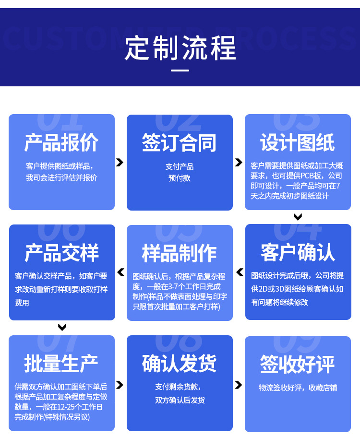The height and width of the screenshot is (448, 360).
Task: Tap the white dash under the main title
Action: pyautogui.click(x=180, y=71)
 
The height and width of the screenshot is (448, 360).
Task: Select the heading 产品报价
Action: pyautogui.click(x=61, y=142)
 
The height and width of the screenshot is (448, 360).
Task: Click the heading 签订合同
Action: pyautogui.click(x=180, y=143)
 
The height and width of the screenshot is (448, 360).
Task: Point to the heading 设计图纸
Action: pyautogui.click(x=298, y=142)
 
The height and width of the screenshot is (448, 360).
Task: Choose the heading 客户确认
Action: pyautogui.click(x=298, y=252)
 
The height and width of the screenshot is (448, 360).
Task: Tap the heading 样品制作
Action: pyautogui.click(x=180, y=253)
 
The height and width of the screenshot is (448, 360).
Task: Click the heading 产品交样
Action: pyautogui.click(x=61, y=253)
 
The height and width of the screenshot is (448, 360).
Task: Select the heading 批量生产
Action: pyautogui.click(x=61, y=363)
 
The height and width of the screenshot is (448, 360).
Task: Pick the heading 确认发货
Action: pyautogui.click(x=180, y=363)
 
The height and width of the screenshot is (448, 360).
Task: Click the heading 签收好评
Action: pyautogui.click(x=298, y=363)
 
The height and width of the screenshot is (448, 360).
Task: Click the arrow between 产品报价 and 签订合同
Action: pyautogui.click(x=120, y=163)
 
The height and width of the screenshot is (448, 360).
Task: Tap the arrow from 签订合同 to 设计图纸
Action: pyautogui.click(x=239, y=163)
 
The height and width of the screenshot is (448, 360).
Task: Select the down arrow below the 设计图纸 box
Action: pyautogui.click(x=298, y=217)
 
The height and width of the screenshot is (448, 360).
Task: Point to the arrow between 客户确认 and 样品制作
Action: pyautogui.click(x=239, y=272)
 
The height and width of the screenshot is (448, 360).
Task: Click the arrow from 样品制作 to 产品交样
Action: pyautogui.click(x=120, y=272)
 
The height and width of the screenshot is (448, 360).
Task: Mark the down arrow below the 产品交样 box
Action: pyautogui.click(x=62, y=327)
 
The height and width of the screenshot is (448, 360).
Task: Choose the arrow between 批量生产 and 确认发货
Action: pyautogui.click(x=120, y=385)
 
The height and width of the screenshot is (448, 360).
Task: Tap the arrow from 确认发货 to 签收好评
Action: pyautogui.click(x=239, y=385)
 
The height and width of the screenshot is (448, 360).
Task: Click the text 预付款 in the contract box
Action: pyautogui.click(x=180, y=178)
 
